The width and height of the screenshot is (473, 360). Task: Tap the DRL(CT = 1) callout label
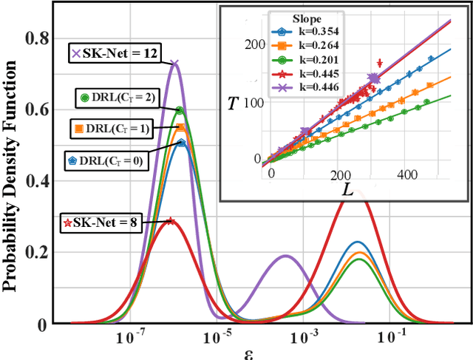coord(109,129)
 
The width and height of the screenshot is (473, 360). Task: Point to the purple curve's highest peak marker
coord(174,64)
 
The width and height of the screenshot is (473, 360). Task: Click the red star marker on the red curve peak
coord(170,220)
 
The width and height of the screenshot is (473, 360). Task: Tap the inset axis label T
coord(234,103)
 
